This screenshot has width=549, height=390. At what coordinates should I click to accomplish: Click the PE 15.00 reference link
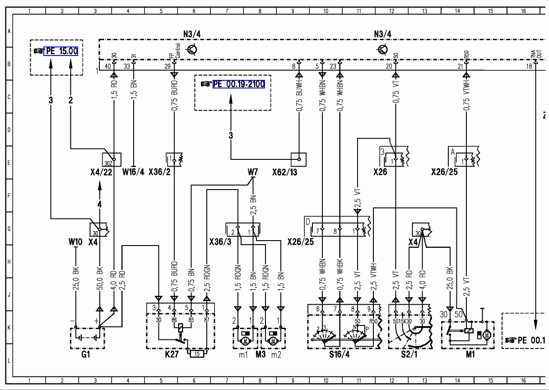coord(61,51)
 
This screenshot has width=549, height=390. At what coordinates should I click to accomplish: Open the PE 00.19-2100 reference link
coord(239,84)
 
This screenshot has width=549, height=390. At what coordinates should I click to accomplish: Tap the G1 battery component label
coord(86,355)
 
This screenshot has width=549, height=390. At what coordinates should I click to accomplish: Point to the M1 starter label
coord(470,355)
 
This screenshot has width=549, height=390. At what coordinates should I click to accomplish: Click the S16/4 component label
coord(339,355)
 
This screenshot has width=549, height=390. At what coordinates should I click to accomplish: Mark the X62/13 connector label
coord(284,172)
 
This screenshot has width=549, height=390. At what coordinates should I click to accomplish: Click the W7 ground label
coord(253,172)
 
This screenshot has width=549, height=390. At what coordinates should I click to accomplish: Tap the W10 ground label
coord(75,242)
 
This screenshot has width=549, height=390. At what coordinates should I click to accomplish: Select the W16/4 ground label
coord(133,172)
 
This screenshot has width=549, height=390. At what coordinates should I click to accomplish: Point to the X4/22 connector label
coord(101,172)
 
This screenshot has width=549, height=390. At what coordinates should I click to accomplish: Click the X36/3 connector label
coord(220,242)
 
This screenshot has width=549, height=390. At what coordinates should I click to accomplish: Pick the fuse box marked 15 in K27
coord(197,353)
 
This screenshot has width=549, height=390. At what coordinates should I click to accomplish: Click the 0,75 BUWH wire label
coord(298,97)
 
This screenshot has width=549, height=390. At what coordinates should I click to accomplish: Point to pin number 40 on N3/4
coord(107,66)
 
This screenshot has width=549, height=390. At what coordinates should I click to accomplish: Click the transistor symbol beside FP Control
coord(192,49)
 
